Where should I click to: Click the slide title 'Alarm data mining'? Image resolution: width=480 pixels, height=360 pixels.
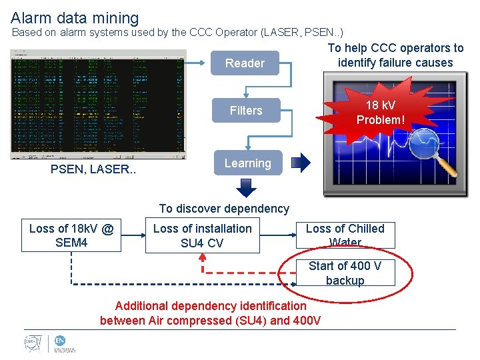tap(75, 18)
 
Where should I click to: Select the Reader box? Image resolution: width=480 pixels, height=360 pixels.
tap(245, 63)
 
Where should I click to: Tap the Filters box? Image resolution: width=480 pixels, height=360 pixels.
tap(246, 111)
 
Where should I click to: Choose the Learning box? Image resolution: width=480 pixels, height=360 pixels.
tap(247, 163)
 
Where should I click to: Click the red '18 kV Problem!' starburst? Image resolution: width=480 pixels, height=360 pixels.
tap(380, 113)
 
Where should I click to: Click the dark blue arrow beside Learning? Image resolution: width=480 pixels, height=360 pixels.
tap(302, 163)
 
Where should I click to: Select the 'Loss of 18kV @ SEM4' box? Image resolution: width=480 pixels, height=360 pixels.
tap(71, 236)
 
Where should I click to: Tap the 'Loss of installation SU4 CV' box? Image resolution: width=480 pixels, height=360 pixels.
tap(202, 236)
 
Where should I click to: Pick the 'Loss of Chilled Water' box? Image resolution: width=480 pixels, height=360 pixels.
tap(345, 235)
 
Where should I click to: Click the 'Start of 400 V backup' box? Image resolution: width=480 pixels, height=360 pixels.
tap(345, 273)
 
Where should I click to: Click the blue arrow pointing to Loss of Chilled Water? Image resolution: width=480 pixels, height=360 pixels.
tap(281, 236)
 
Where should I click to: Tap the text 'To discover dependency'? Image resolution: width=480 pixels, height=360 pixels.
tap(224, 209)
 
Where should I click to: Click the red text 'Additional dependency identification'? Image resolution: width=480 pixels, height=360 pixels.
tap(211, 306)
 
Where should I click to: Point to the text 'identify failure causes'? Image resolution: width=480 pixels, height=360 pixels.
tap(395, 63)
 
